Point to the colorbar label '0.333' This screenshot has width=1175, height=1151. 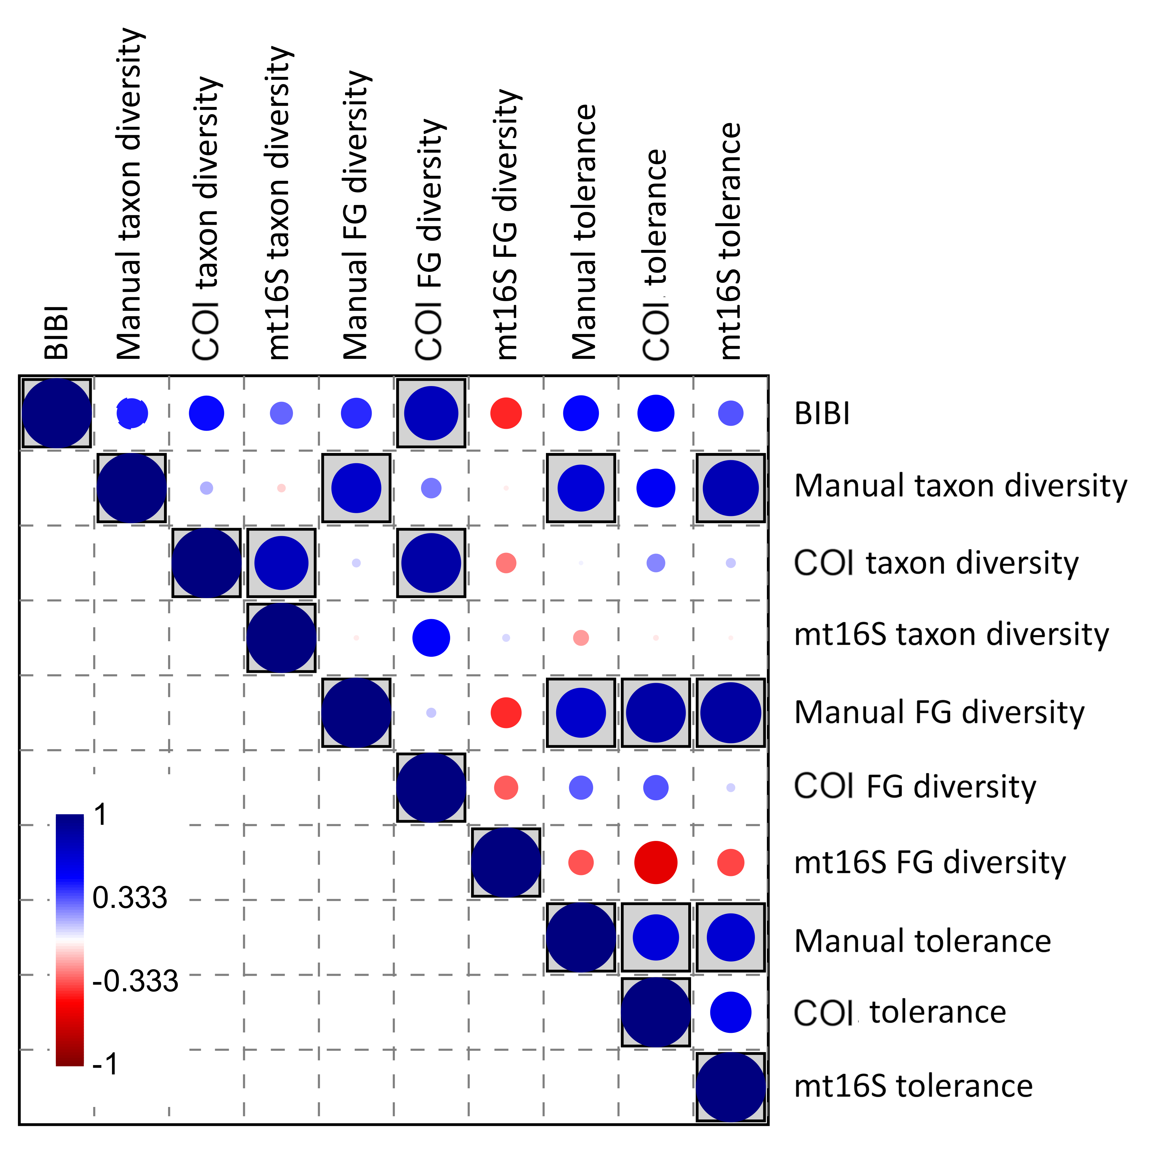click(x=129, y=897)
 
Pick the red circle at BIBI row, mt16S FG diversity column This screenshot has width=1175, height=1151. click(x=506, y=414)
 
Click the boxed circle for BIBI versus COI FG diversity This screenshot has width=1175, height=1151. click(x=431, y=414)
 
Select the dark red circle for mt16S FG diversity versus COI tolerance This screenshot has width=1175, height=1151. click(x=656, y=863)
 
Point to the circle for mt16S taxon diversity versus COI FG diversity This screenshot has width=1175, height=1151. click(x=431, y=638)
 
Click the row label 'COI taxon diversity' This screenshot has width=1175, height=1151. click(x=936, y=563)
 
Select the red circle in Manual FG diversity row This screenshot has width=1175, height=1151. click(x=506, y=713)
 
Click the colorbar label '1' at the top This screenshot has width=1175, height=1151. click(x=100, y=815)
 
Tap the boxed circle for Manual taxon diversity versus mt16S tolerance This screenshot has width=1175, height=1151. click(x=731, y=488)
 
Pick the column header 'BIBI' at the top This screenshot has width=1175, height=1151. click(x=57, y=332)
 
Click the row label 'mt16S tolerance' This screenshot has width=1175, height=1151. click(x=913, y=1086)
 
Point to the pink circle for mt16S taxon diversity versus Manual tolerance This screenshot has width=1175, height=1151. click(x=581, y=638)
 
